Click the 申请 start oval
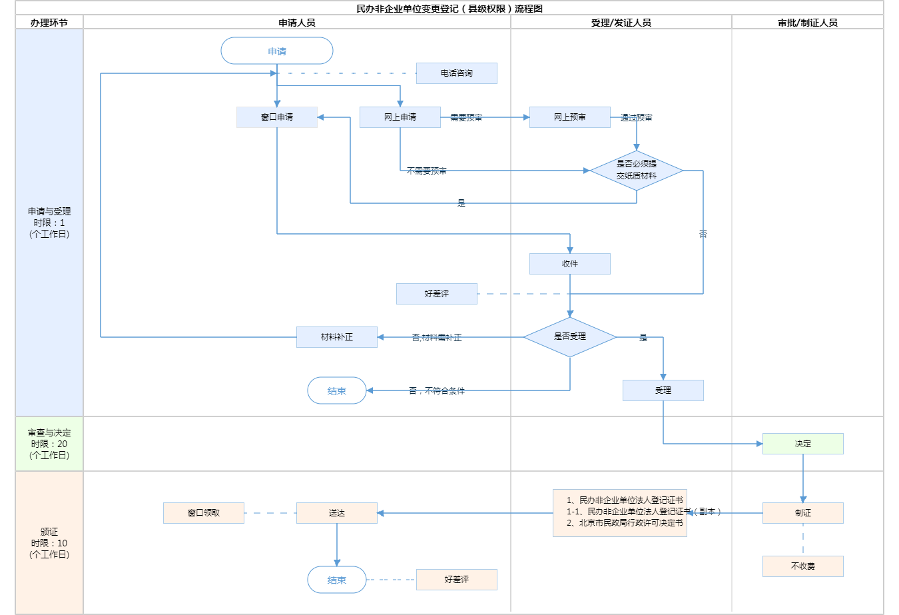click(277, 51)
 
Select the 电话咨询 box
click(457, 73)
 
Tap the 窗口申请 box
click(277, 117)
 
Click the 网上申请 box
click(400, 117)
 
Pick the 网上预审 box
click(570, 117)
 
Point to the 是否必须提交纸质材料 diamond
click(637, 171)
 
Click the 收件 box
click(570, 264)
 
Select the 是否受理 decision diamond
click(570, 337)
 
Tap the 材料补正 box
click(337, 337)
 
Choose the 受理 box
click(663, 390)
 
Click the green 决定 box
click(803, 444)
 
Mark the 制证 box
click(803, 513)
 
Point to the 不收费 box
click(803, 566)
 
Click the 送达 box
click(337, 513)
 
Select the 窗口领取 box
click(204, 513)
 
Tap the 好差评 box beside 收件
click(437, 294)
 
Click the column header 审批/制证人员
click(808, 23)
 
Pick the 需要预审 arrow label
click(466, 118)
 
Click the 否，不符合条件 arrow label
click(437, 391)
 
